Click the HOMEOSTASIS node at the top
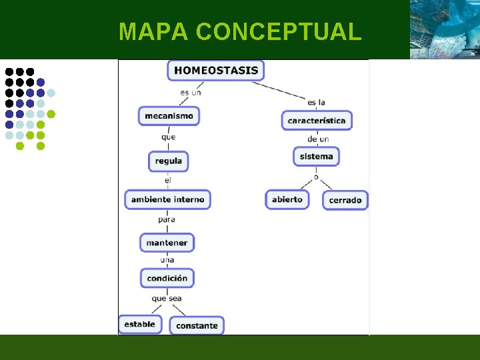click(216, 71)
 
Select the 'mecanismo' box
click(169, 116)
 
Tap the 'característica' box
click(317, 121)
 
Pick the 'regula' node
click(169, 161)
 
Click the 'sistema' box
click(317, 157)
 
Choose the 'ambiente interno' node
click(168, 199)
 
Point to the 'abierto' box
click(287, 199)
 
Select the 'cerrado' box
click(345, 200)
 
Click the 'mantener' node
click(167, 243)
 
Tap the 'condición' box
click(167, 278)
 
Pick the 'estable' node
click(139, 325)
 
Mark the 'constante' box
click(197, 325)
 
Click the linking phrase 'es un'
click(191, 93)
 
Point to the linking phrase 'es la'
click(317, 102)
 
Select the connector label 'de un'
click(318, 139)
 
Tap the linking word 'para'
click(167, 219)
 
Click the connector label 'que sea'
click(167, 299)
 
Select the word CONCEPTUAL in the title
click(279, 31)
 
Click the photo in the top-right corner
click(445, 29)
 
